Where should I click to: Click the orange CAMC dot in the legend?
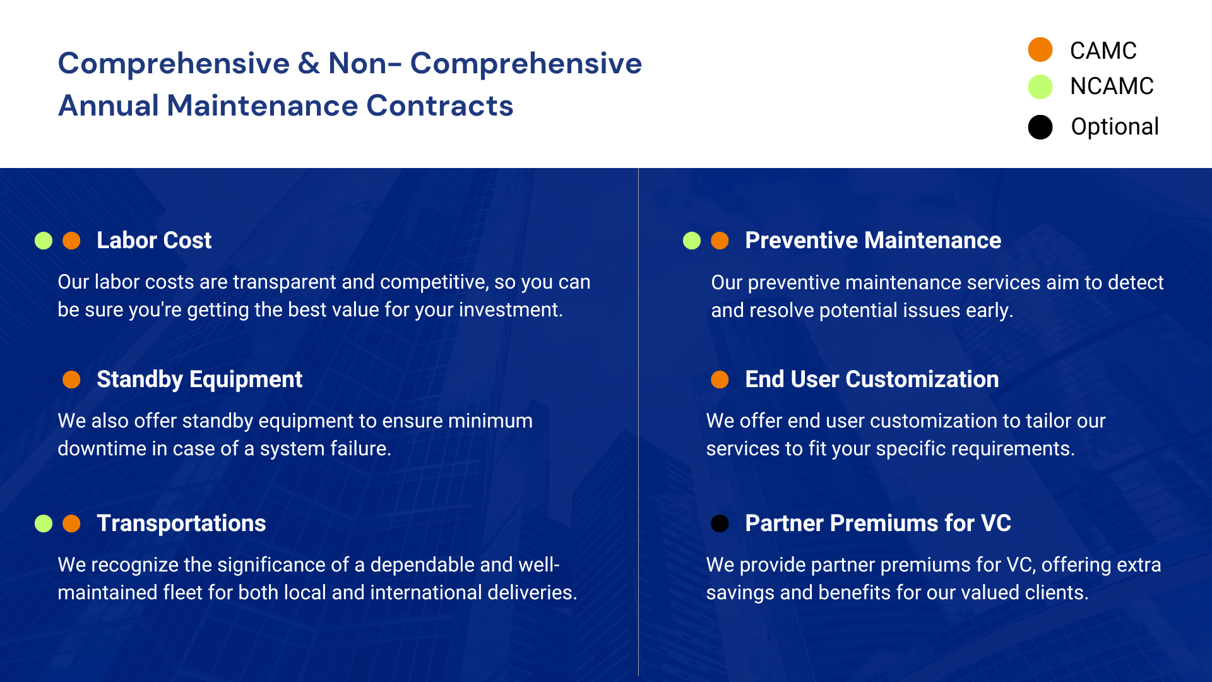(x=1040, y=50)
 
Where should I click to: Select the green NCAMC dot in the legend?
(x=1040, y=87)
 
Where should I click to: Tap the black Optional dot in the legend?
(x=1040, y=127)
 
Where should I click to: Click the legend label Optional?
(x=1115, y=127)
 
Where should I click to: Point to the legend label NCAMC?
(x=1112, y=87)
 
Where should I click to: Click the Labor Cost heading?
(x=154, y=241)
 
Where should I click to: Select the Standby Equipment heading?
(x=199, y=380)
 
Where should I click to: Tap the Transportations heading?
(x=181, y=523)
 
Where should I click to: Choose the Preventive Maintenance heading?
(x=873, y=241)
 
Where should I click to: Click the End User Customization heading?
(x=872, y=380)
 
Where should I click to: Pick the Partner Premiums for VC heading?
(x=878, y=523)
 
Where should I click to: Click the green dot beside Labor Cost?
(x=44, y=241)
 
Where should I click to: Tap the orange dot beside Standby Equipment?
(x=71, y=380)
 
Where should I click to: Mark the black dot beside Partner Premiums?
(x=720, y=523)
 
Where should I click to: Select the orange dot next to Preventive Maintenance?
(x=720, y=241)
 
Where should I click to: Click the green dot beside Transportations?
(x=44, y=523)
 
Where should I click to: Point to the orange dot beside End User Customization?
(x=720, y=380)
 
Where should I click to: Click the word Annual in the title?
(x=109, y=105)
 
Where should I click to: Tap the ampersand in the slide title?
(x=309, y=63)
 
